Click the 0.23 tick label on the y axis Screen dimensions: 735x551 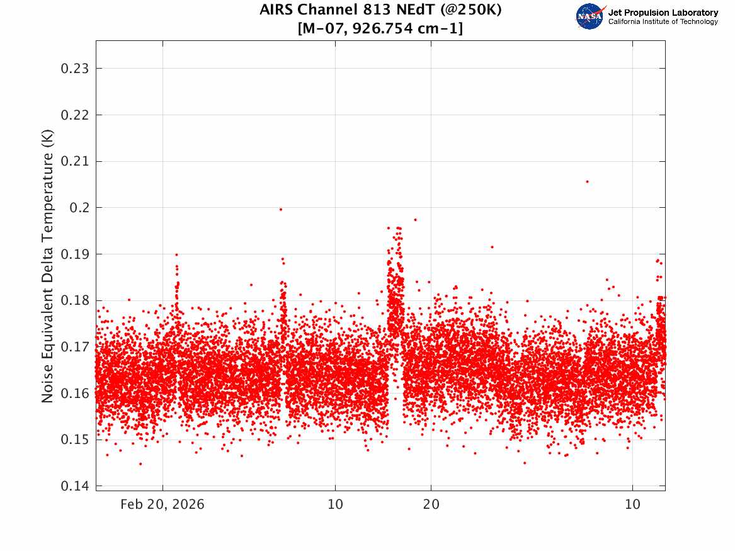tap(74, 69)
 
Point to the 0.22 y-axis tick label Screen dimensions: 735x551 tap(74, 115)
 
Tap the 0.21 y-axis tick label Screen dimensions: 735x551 tap(74, 162)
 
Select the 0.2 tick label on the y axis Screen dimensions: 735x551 tap(79, 208)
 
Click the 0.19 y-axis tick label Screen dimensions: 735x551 tap(74, 254)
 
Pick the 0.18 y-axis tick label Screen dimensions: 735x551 tap(74, 300)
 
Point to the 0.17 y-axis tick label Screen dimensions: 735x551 tap(74, 347)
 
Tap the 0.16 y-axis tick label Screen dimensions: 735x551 tap(74, 394)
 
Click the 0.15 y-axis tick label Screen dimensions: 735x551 tap(74, 440)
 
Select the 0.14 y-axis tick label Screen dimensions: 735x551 tap(74, 486)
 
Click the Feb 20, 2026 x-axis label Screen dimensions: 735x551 tap(162, 504)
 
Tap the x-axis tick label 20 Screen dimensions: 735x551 tap(431, 504)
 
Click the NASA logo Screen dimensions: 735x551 tap(590, 16)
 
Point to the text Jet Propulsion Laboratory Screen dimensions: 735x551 tap(663, 13)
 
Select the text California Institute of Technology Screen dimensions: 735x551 tap(663, 21)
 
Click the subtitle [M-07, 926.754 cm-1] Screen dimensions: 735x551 tap(380, 28)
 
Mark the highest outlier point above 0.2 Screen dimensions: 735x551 tap(588, 182)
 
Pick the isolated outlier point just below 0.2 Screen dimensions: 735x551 tap(281, 210)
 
